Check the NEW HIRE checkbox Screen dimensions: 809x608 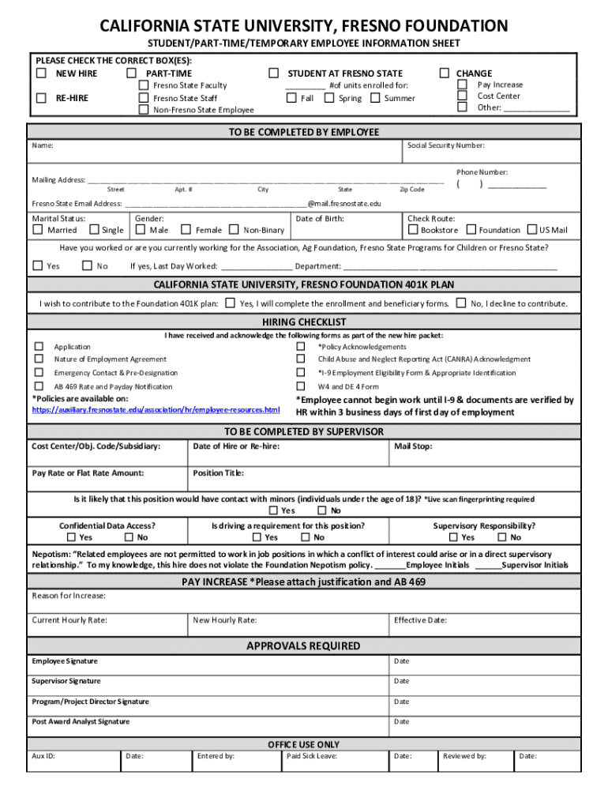coord(41,73)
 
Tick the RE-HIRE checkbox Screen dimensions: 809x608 coord(41,98)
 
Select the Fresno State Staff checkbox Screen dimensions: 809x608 coord(144,98)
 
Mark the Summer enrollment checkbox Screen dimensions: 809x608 coord(375,98)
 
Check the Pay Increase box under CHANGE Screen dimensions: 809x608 coord(463,85)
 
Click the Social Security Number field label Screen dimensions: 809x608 coord(445,145)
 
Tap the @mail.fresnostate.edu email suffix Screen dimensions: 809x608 coord(344,203)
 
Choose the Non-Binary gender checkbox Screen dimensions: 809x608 coord(234,230)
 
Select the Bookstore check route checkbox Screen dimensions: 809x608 coord(412,230)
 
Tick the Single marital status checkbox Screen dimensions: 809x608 coord(94,230)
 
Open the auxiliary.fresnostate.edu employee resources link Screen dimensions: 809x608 coord(156,410)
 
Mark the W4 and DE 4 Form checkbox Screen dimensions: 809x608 coord(300,386)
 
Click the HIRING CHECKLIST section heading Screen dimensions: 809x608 coord(304,322)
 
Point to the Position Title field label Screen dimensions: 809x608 coord(218,473)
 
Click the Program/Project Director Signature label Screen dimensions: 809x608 coord(90,702)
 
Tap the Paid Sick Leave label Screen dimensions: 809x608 coord(312,756)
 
